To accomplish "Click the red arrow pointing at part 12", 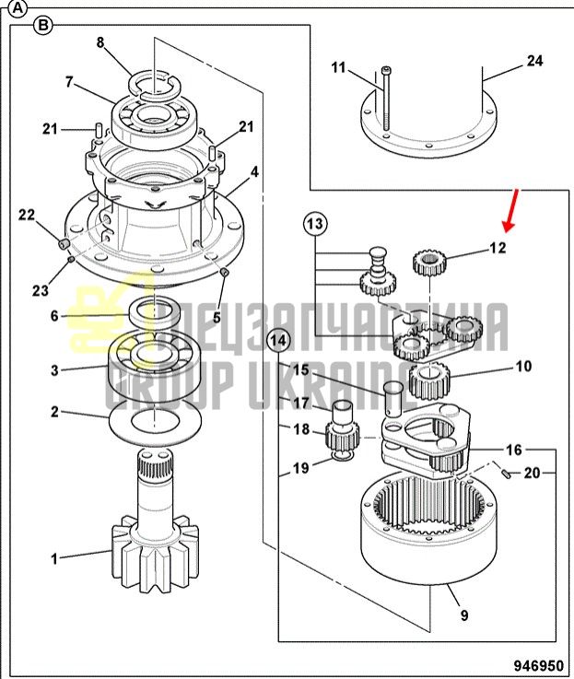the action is click(x=510, y=209).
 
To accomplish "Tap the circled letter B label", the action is click(x=43, y=26).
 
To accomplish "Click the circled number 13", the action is click(x=315, y=224).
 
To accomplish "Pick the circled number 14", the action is click(x=278, y=340).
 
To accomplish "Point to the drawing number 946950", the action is click(x=538, y=664).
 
